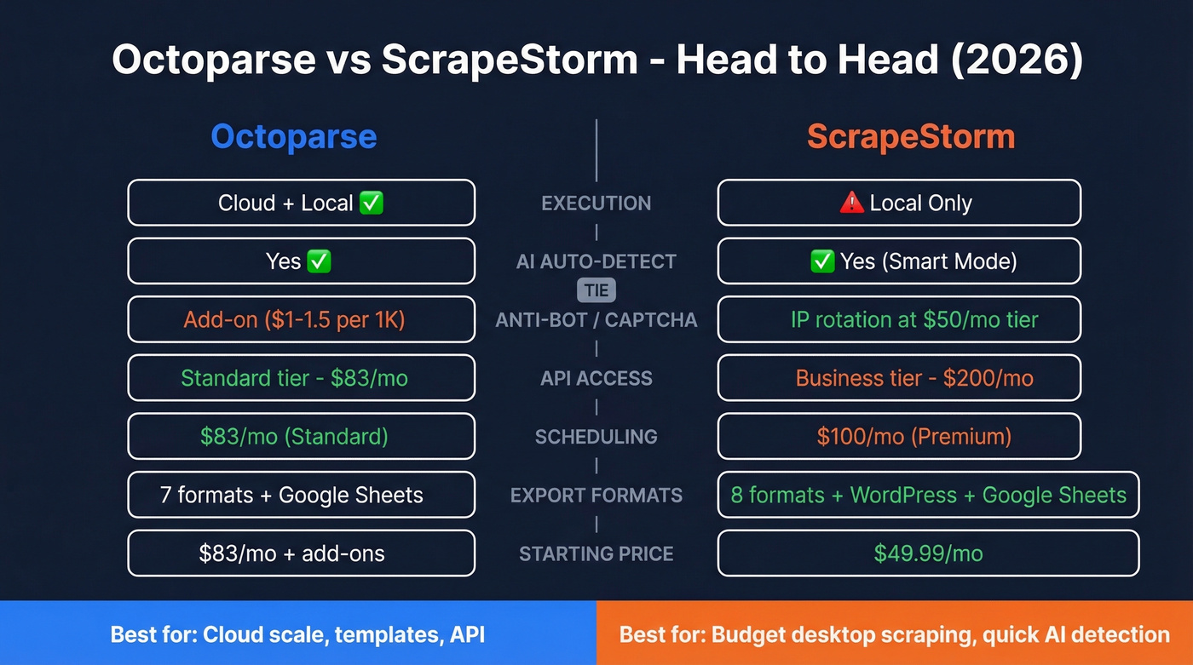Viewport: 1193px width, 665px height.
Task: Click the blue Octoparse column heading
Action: [x=293, y=137]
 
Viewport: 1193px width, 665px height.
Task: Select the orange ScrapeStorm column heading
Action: [x=911, y=137]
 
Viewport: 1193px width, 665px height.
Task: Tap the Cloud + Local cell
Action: [x=301, y=203]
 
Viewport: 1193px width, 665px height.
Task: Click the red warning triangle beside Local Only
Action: [x=850, y=203]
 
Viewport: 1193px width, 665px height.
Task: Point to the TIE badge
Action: [x=596, y=290]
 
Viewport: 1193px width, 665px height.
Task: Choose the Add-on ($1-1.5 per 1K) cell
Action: [x=301, y=320]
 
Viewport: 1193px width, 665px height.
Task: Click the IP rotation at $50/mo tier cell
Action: [x=899, y=320]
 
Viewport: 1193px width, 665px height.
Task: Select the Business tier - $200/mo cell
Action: [x=899, y=378]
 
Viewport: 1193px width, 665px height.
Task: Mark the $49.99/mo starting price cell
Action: [x=928, y=553]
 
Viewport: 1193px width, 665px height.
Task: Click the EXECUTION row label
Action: [x=596, y=204]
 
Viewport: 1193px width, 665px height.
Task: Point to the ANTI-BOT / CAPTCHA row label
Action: [x=596, y=320]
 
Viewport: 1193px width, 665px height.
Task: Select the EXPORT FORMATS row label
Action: [x=596, y=496]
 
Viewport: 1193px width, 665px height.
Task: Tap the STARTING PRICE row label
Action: [x=596, y=554]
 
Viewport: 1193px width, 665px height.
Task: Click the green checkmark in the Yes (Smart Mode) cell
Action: [x=821, y=261]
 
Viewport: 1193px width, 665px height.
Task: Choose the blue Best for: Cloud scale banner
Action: [x=298, y=633]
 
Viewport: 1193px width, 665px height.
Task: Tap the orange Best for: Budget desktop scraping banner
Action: [x=895, y=633]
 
